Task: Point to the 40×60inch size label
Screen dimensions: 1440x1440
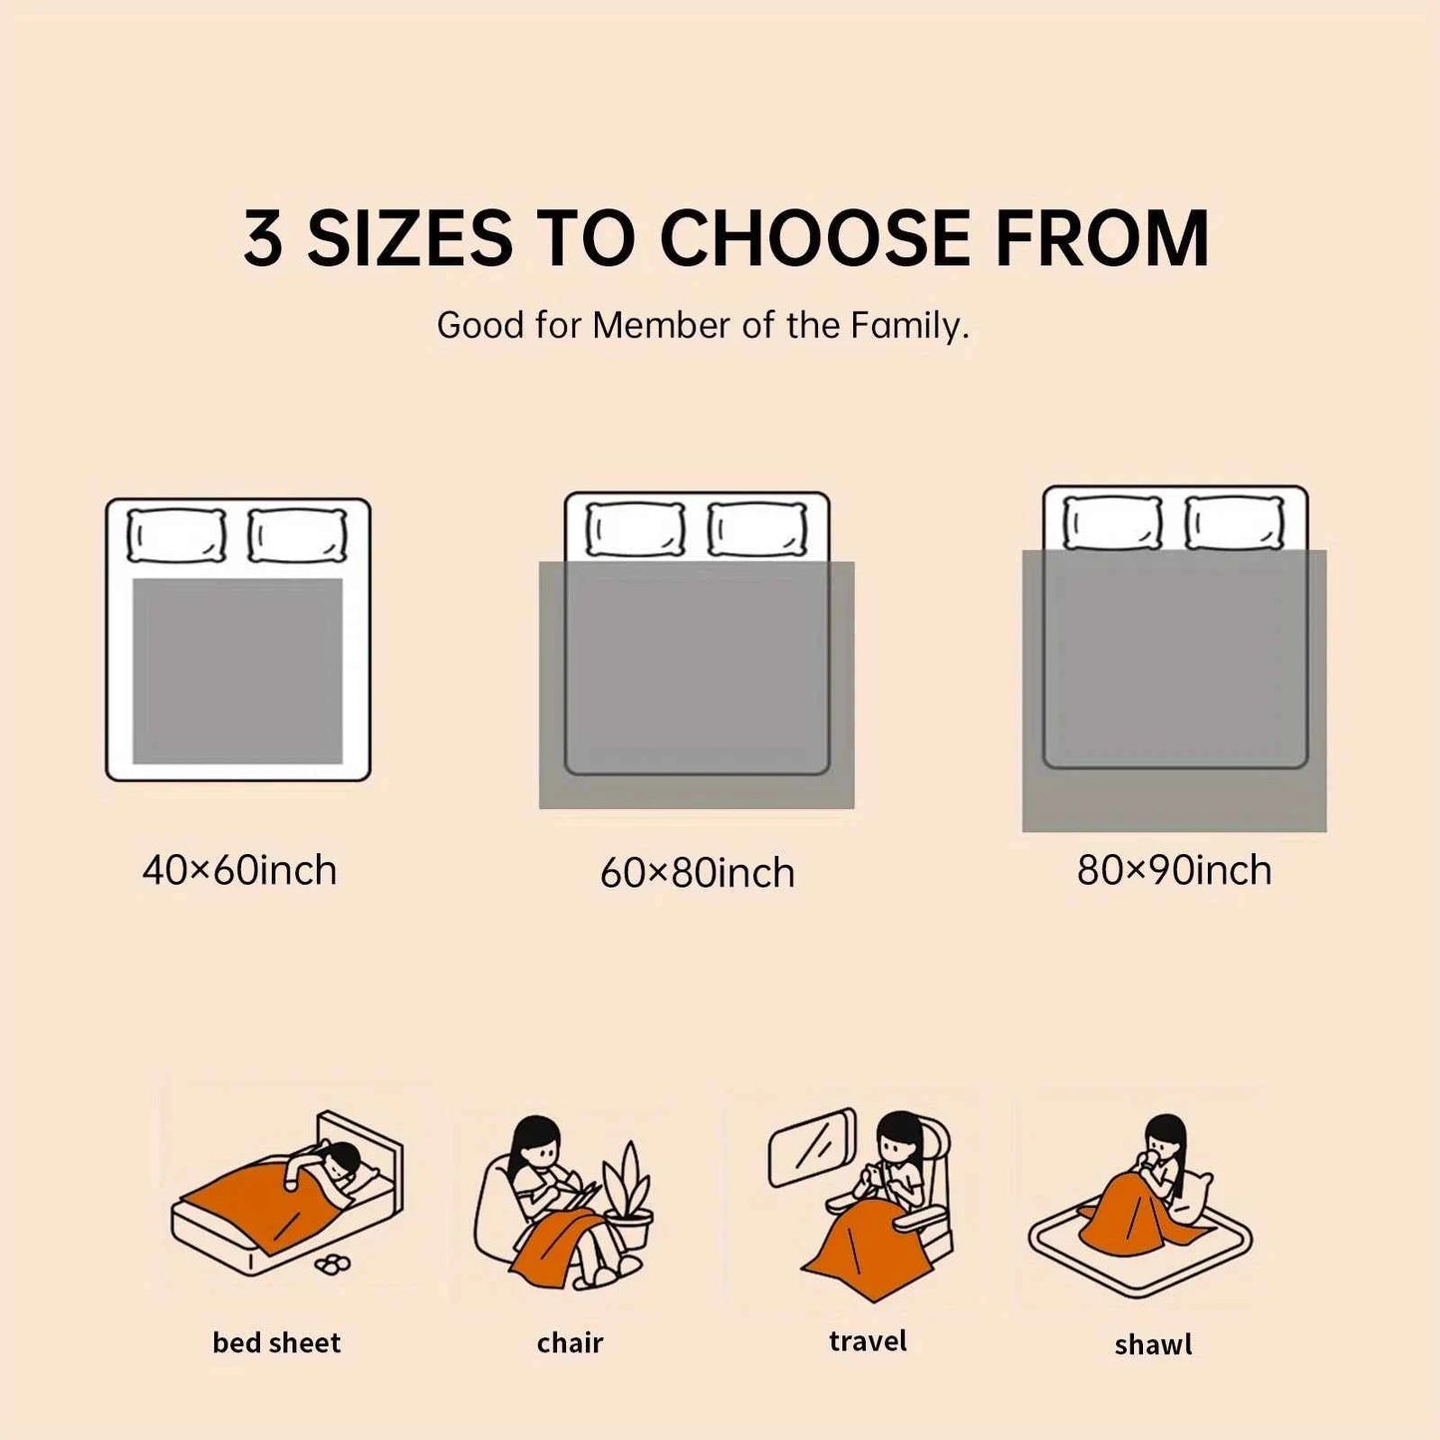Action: (x=239, y=871)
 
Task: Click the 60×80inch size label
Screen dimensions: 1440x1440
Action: (x=698, y=873)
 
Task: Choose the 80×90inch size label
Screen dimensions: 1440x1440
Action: (x=1174, y=870)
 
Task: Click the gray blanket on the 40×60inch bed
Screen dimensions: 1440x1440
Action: (x=237, y=671)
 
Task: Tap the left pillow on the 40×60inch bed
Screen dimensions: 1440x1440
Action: (x=176, y=535)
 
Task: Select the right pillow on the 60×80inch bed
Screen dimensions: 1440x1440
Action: (x=757, y=530)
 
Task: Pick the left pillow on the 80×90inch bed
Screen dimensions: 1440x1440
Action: (x=1113, y=521)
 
